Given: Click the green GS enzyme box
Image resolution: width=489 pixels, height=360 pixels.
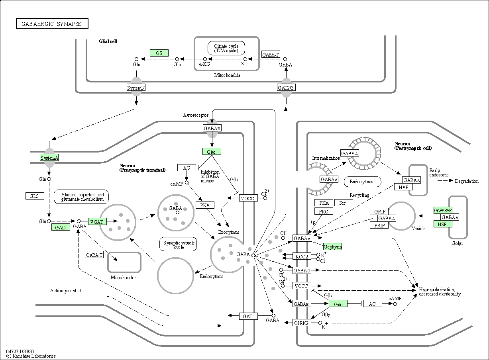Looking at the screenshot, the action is (159, 53).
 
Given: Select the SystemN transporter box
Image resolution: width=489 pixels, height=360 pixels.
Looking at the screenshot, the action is (136, 88).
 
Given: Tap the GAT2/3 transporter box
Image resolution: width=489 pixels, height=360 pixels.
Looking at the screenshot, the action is (286, 88).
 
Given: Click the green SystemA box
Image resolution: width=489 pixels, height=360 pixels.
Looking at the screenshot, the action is (49, 158).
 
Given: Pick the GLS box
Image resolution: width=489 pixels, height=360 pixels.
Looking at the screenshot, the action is (35, 196).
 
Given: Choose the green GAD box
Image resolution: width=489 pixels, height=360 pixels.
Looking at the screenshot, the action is (61, 227).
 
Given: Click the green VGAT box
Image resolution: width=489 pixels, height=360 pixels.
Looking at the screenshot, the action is (97, 221).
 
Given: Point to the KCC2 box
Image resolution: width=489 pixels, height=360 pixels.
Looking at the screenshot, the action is (302, 256).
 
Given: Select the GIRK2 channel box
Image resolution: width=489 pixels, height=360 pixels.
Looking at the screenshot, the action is (302, 323).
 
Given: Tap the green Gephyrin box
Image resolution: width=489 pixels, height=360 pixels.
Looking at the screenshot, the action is (332, 247).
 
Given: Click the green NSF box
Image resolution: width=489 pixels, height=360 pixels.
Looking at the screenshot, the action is (443, 224).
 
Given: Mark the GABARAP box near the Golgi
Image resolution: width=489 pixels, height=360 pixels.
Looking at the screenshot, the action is (443, 210).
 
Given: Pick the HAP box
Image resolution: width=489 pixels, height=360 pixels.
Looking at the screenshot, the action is (403, 187).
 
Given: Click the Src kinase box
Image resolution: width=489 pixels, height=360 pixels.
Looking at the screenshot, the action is (344, 203).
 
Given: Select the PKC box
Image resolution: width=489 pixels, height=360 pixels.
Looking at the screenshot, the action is (324, 211).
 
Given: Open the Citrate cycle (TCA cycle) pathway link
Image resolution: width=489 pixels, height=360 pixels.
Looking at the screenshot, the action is (226, 48).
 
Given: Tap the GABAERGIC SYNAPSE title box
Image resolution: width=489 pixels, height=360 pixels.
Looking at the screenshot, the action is (52, 23).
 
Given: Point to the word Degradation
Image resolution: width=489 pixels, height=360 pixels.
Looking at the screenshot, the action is (467, 181).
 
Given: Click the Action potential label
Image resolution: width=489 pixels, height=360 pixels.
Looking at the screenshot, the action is (65, 291).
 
